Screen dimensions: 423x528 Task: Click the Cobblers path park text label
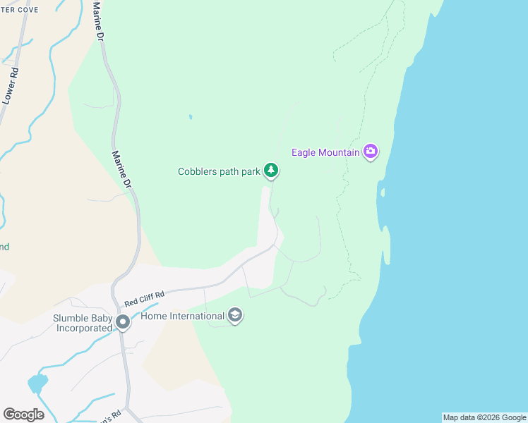[x=219, y=171]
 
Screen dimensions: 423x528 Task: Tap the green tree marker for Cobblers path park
[x=271, y=170]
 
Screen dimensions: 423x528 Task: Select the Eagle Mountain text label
[x=326, y=152]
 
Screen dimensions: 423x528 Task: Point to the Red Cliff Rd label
[x=144, y=299]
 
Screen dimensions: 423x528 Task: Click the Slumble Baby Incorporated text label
[x=83, y=323]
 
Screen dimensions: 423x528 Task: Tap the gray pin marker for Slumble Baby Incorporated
[x=123, y=323]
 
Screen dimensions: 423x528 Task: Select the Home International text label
[x=182, y=316]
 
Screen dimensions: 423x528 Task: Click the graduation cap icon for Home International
[x=236, y=316]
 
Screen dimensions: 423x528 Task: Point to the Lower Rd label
[x=10, y=85]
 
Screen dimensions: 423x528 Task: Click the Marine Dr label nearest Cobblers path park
[x=121, y=168]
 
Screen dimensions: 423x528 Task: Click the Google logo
[x=23, y=415]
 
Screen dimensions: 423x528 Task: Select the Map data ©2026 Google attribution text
[x=484, y=417]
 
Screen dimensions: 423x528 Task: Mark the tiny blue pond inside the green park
[x=190, y=117]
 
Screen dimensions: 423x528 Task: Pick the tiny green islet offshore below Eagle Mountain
[x=382, y=192]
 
